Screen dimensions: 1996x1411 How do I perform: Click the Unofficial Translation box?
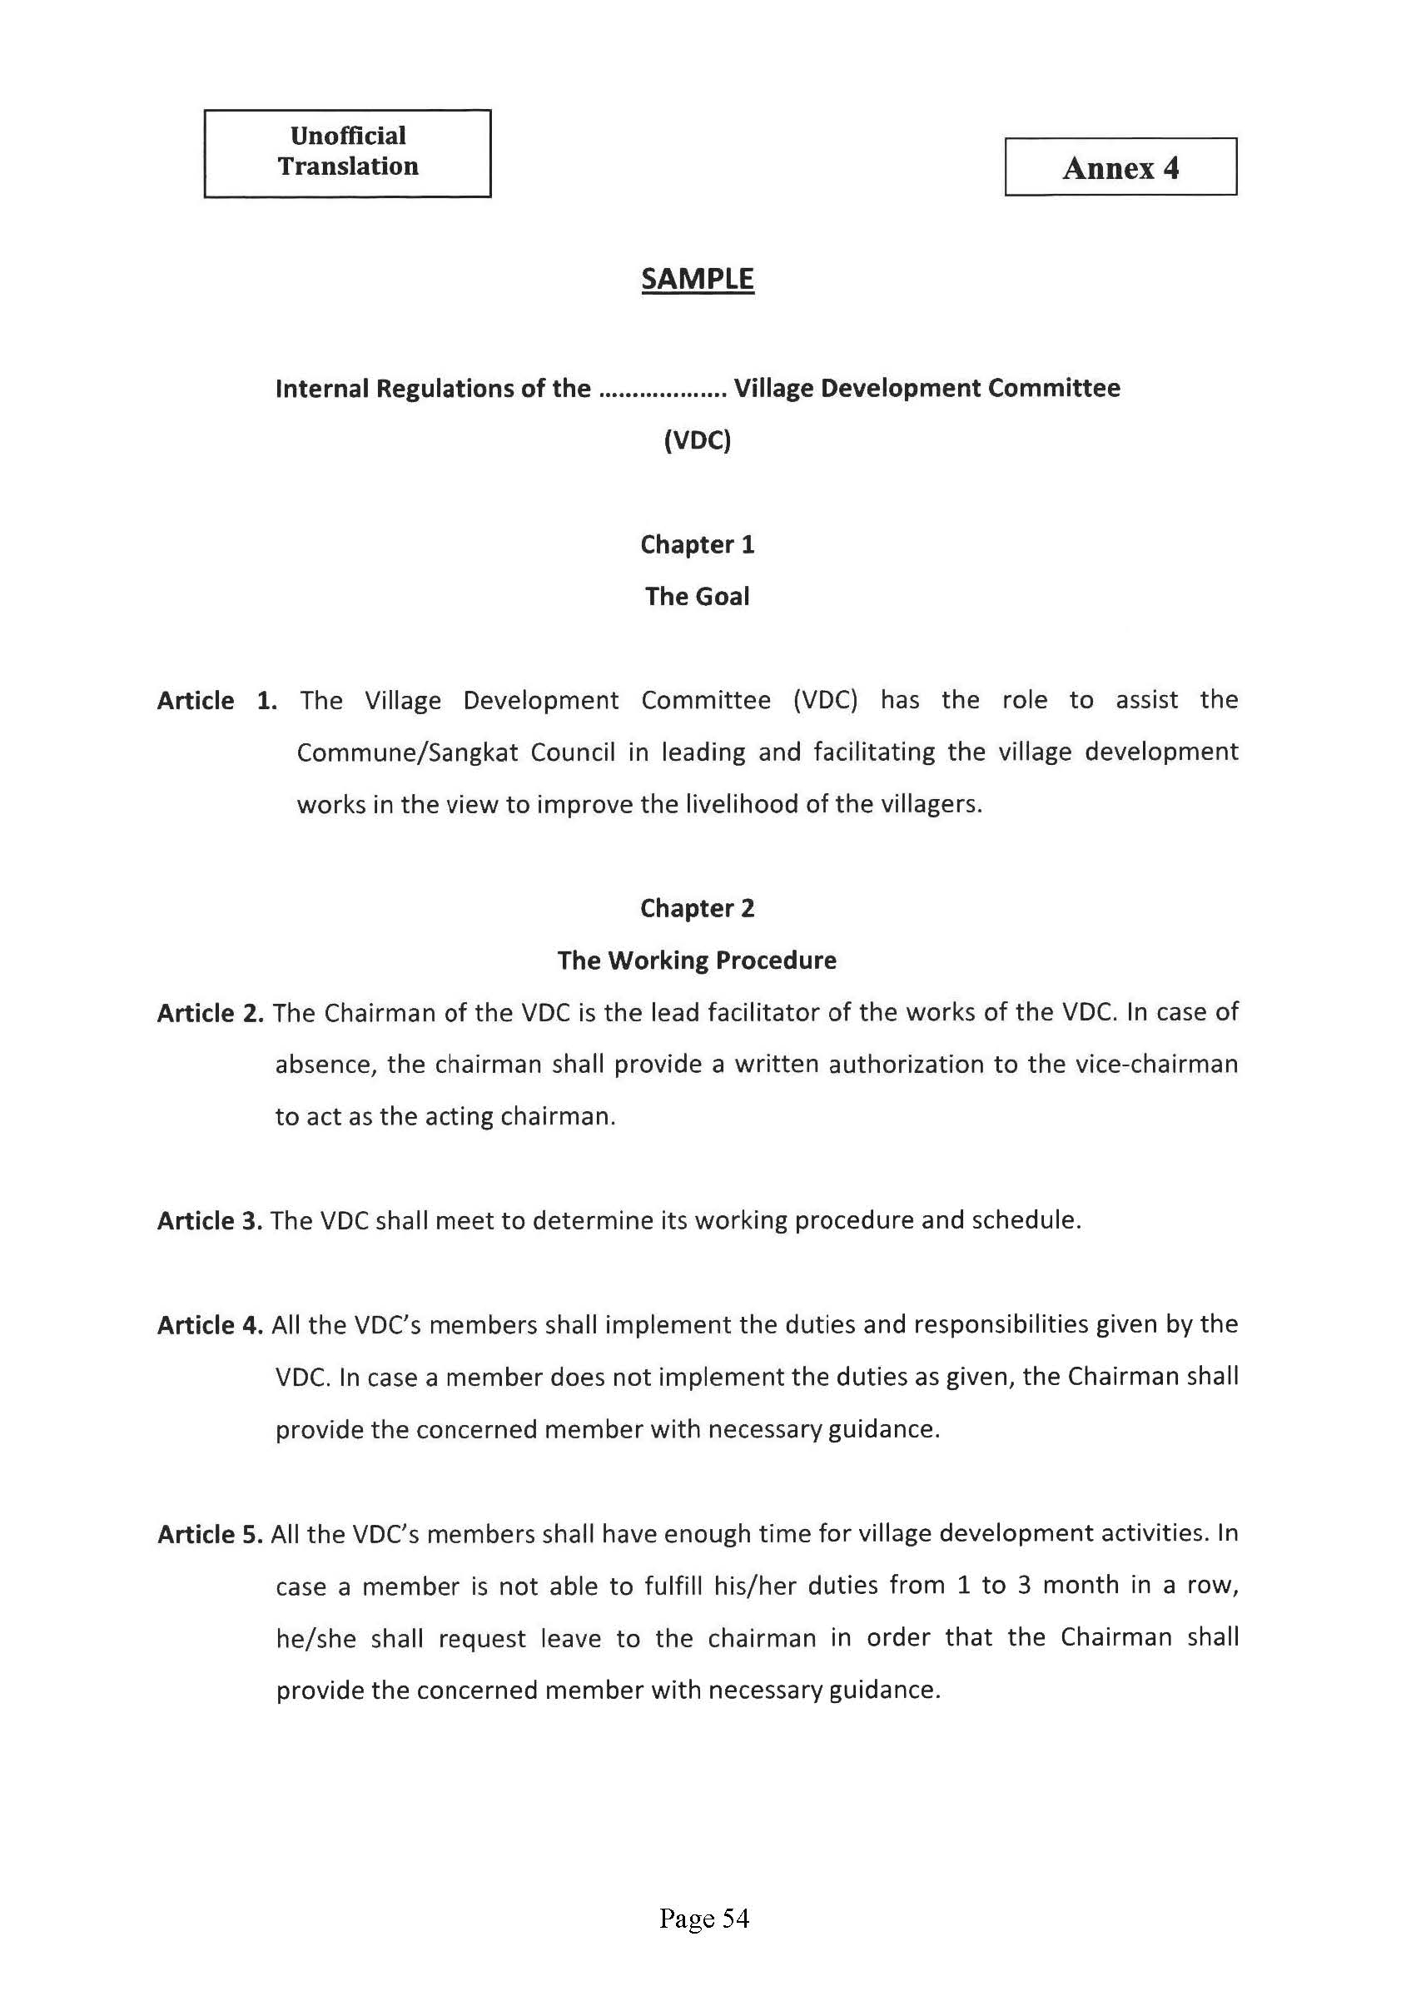[x=348, y=152]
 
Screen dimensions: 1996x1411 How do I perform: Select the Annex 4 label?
[x=1120, y=167]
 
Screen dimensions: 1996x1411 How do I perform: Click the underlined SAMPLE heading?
[x=698, y=279]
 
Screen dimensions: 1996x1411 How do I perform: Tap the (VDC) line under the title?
[x=698, y=441]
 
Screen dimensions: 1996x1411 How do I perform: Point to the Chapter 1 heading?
[x=698, y=544]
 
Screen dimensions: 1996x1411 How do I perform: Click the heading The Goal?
[x=698, y=596]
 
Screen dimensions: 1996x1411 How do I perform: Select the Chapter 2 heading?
[x=698, y=908]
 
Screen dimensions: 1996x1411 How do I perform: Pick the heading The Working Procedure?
[x=698, y=961]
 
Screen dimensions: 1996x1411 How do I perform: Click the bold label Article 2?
[x=210, y=1013]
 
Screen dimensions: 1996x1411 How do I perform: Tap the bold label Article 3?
[x=210, y=1221]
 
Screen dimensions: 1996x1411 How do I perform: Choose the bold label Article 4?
[x=210, y=1325]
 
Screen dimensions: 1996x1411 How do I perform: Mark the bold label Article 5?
[x=210, y=1534]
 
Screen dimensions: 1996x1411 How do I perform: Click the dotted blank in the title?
[x=663, y=390]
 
